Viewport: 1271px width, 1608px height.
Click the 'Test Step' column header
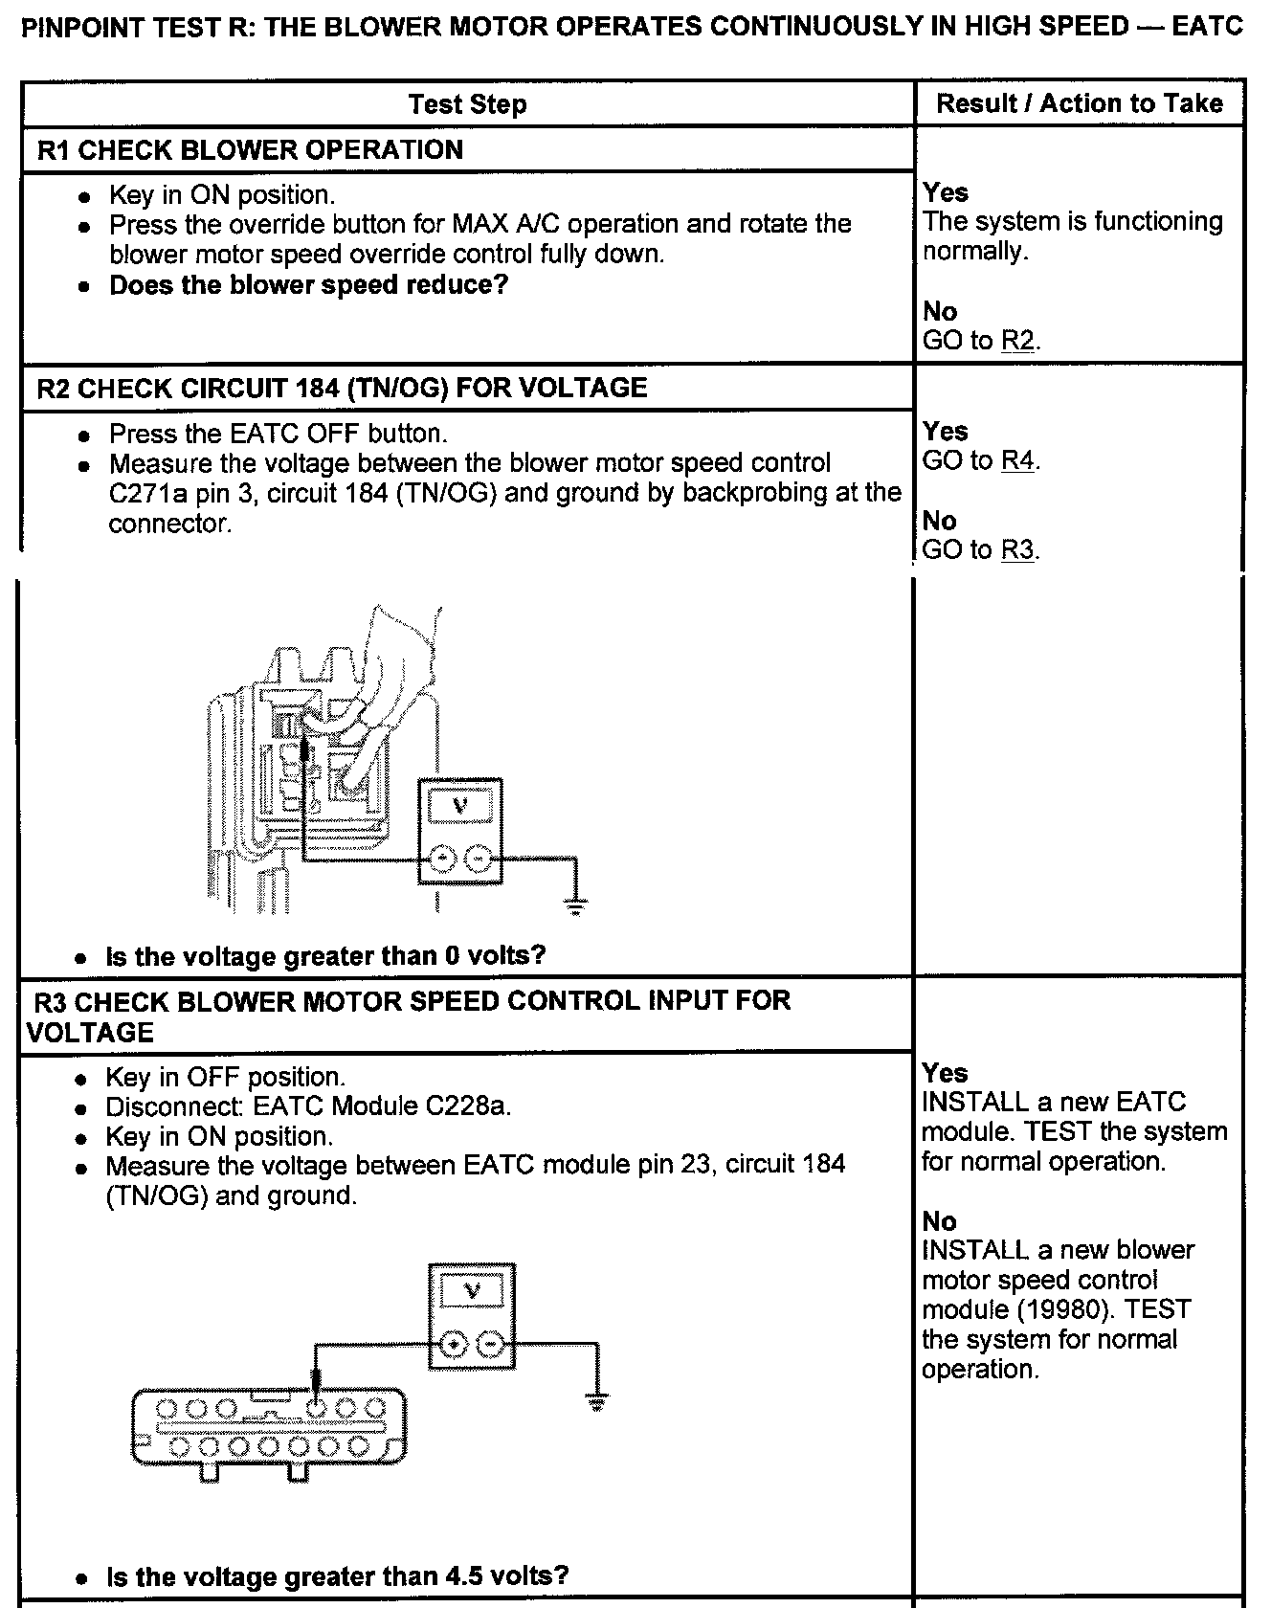coord(467,104)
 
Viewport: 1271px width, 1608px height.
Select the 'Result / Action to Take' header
coord(1079,103)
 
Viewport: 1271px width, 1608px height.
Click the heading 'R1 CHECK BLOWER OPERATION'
coord(249,150)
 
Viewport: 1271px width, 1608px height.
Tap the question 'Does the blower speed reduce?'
coord(308,285)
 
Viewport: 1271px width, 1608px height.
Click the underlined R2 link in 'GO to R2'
coord(1017,342)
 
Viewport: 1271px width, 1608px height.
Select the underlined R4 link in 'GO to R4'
coord(1017,461)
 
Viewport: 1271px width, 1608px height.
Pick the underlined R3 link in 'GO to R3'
coord(1017,550)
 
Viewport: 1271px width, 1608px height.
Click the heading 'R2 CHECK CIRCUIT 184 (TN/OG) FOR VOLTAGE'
coord(342,389)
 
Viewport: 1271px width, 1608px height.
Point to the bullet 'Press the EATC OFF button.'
coord(278,435)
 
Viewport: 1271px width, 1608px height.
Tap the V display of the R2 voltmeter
coord(459,805)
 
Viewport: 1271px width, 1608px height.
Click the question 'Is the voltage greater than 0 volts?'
coord(325,956)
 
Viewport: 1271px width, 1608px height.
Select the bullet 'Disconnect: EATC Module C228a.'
coord(308,1107)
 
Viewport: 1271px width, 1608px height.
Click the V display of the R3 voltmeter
coord(472,1291)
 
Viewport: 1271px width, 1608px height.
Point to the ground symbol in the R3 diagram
coord(597,1404)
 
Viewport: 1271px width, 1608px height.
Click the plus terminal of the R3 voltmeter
coord(454,1345)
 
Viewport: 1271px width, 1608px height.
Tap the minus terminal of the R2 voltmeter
coord(479,860)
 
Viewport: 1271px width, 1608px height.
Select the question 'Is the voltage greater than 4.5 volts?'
coord(337,1576)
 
